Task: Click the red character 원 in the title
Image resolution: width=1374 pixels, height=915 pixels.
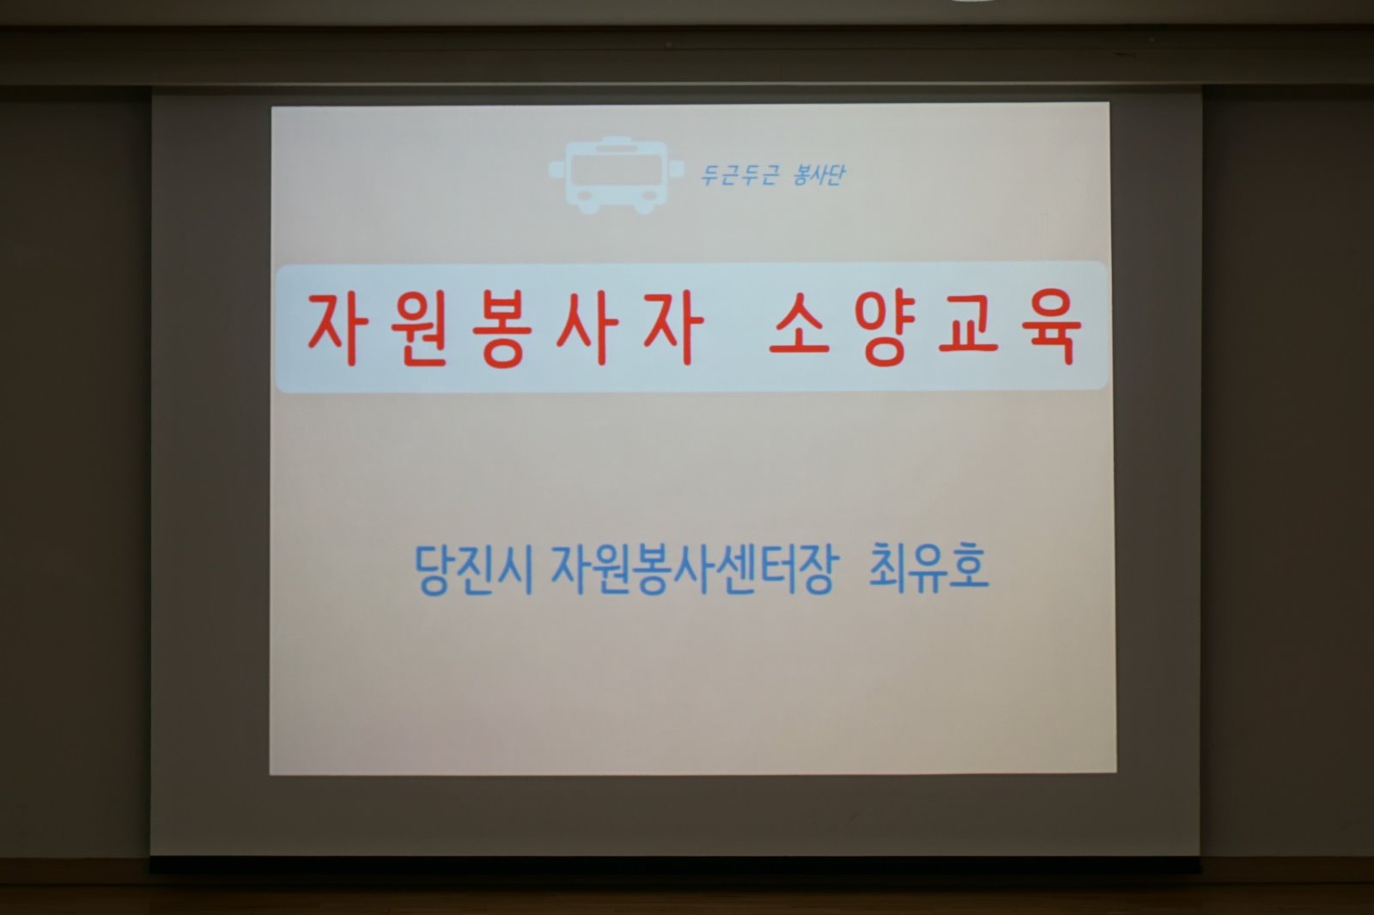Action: [418, 330]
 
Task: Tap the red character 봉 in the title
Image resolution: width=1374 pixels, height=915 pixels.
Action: [502, 330]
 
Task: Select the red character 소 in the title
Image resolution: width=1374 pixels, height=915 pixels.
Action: [799, 324]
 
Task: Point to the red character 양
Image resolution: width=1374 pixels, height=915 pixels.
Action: [885, 330]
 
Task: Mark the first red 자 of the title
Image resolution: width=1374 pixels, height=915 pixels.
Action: [334, 330]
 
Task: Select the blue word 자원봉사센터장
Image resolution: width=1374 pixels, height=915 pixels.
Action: [694, 568]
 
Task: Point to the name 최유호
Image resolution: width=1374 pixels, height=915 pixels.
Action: [928, 567]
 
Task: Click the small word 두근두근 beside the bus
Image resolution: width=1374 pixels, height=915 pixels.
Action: [739, 175]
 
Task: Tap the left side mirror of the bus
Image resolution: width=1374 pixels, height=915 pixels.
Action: [556, 168]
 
